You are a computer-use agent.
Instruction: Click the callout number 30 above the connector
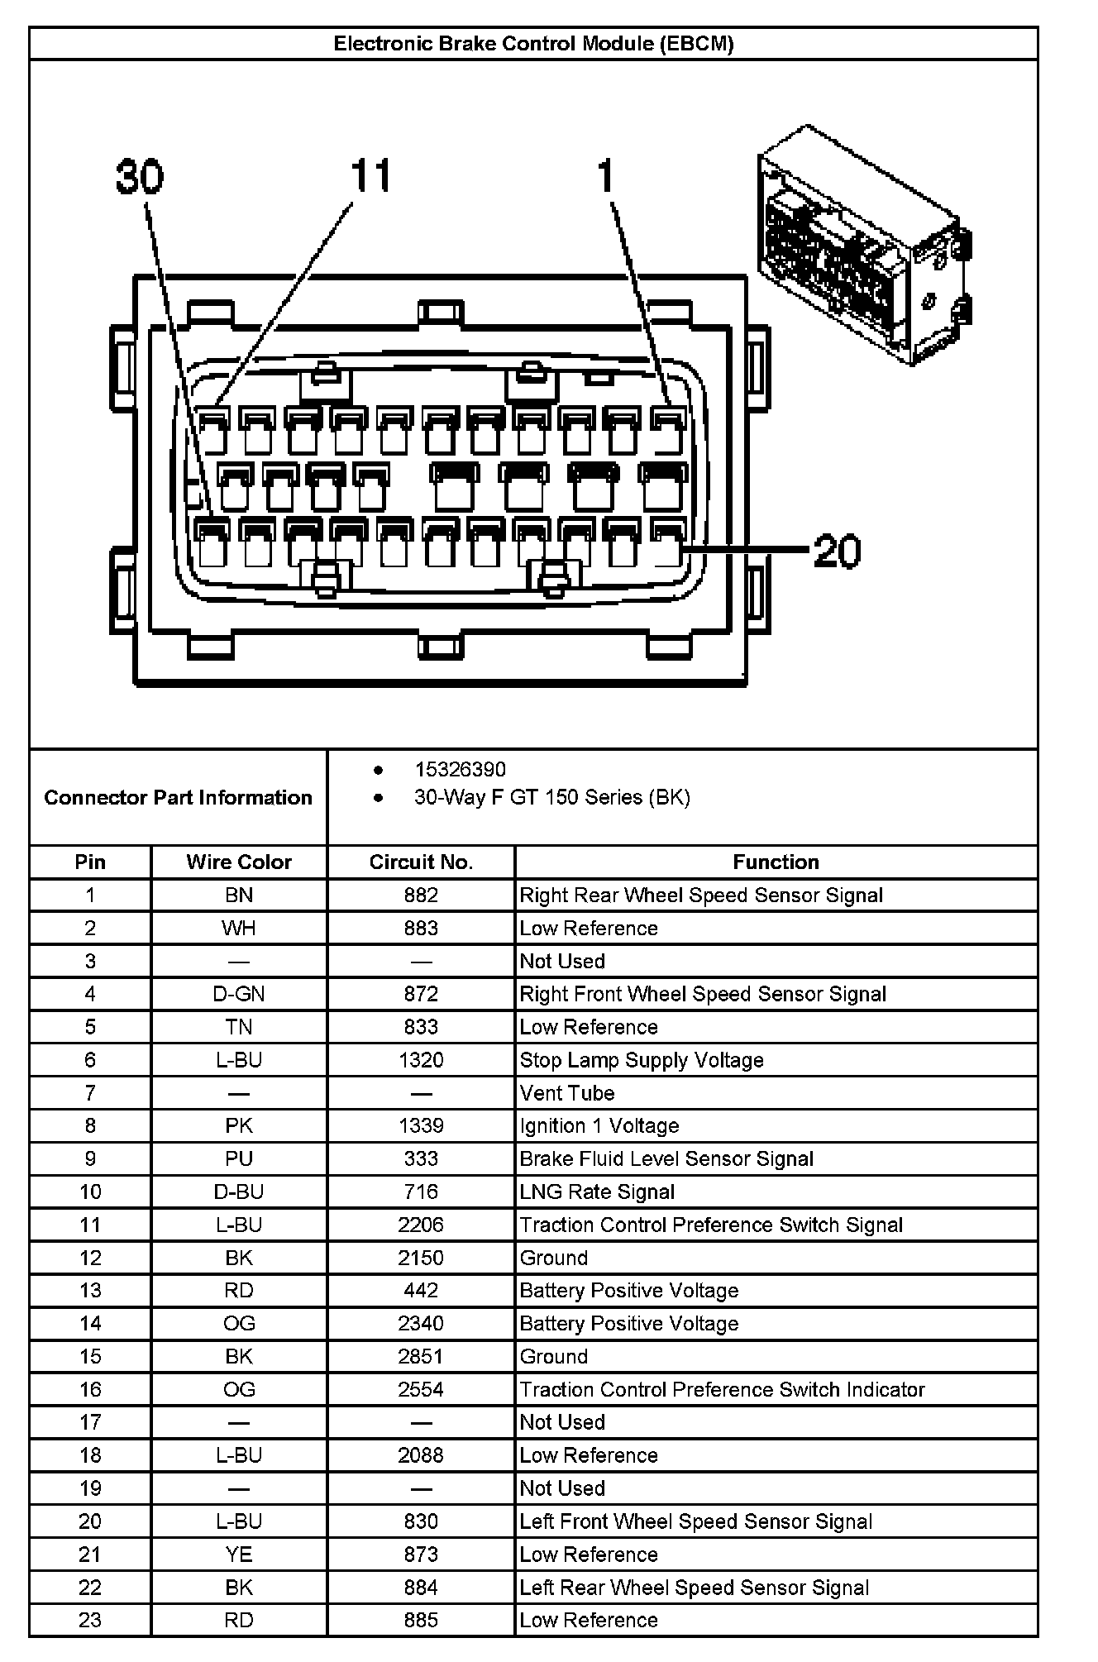(140, 177)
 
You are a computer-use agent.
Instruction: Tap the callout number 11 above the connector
(370, 175)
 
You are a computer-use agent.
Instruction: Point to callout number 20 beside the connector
(837, 551)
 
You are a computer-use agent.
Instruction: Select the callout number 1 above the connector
(606, 175)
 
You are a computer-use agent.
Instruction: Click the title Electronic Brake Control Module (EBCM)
(533, 44)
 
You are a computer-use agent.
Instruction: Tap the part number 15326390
(460, 770)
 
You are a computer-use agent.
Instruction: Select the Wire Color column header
(239, 862)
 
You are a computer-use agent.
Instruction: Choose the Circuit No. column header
(421, 862)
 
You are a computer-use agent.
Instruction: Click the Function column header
(776, 862)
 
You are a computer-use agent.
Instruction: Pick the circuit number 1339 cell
(421, 1125)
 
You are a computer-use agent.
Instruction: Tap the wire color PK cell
(239, 1125)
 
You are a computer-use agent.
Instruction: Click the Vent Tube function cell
(567, 1093)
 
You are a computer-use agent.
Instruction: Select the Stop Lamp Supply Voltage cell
(642, 1060)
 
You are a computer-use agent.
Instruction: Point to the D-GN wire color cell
(239, 994)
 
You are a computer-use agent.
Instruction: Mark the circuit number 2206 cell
(421, 1225)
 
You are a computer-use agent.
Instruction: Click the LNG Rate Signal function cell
(597, 1192)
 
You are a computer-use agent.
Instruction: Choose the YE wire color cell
(239, 1555)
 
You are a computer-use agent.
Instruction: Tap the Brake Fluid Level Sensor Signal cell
(666, 1158)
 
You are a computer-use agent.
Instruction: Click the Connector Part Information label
(178, 797)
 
